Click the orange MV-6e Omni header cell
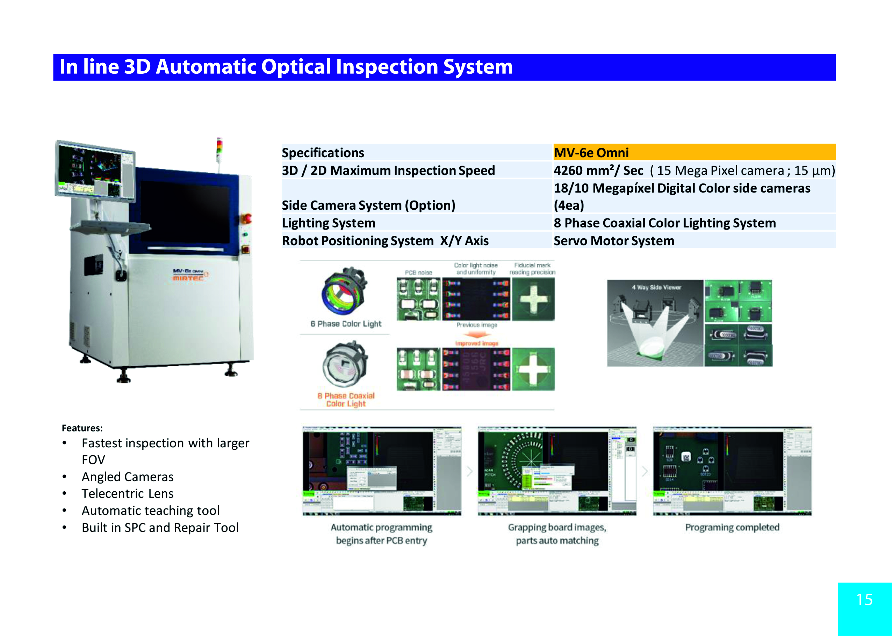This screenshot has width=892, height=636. coord(694,152)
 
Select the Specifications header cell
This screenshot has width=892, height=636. coord(323,153)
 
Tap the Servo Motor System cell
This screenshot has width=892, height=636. coord(614,240)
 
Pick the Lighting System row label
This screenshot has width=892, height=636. coord(328,223)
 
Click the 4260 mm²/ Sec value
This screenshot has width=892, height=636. coord(598,171)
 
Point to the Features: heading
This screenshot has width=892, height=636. coord(82,428)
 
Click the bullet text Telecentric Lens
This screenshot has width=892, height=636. coord(127,493)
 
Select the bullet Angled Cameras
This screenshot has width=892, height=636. coord(127,477)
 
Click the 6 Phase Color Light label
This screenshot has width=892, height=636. coord(346,324)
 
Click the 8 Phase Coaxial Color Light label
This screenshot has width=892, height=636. coord(346,399)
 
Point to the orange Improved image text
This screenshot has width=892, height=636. coord(476,344)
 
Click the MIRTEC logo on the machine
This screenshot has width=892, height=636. coord(188,278)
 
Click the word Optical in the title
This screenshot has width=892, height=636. coord(296,67)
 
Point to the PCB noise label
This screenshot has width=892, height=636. coord(418,273)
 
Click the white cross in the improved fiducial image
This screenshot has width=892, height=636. coord(533,369)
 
